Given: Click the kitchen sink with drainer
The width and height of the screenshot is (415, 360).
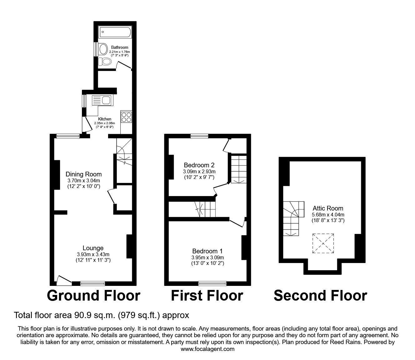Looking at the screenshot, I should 101,100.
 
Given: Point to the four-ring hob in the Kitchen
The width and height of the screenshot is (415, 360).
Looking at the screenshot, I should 126,117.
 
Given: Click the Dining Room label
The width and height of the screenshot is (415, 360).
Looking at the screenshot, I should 83,174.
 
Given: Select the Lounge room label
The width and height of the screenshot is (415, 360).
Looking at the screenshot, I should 93,248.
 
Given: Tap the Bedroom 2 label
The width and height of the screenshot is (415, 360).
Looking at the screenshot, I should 199,165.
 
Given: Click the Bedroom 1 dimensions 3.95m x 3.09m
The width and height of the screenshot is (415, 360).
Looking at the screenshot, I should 208,257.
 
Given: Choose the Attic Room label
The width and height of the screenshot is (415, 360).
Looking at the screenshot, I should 328,208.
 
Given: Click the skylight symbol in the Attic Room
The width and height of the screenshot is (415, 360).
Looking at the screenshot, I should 323,243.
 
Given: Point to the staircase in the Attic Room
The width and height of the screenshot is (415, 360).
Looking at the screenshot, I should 292,218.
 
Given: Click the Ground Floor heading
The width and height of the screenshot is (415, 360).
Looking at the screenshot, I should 93,296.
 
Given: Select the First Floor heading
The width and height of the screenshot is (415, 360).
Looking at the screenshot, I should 207,296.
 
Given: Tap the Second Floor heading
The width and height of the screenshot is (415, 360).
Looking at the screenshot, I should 320,296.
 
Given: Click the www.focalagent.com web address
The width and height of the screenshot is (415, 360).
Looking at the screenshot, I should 207,349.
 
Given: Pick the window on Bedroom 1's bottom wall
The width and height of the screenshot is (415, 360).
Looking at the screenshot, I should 212,283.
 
